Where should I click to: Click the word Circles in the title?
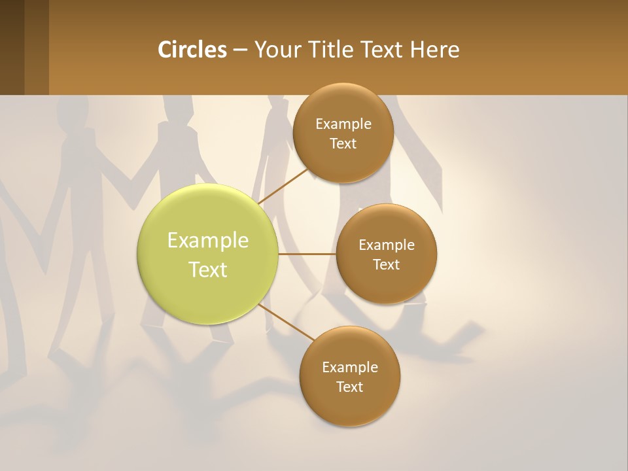click(192, 50)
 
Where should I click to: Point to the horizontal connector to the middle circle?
click(307, 254)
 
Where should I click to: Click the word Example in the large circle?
click(207, 241)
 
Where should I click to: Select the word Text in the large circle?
click(207, 270)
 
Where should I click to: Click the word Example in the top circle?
click(343, 124)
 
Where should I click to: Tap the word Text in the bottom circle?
click(349, 387)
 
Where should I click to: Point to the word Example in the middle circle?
click(386, 245)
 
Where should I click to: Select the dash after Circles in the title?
click(240, 50)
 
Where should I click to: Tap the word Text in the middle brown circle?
click(386, 265)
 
